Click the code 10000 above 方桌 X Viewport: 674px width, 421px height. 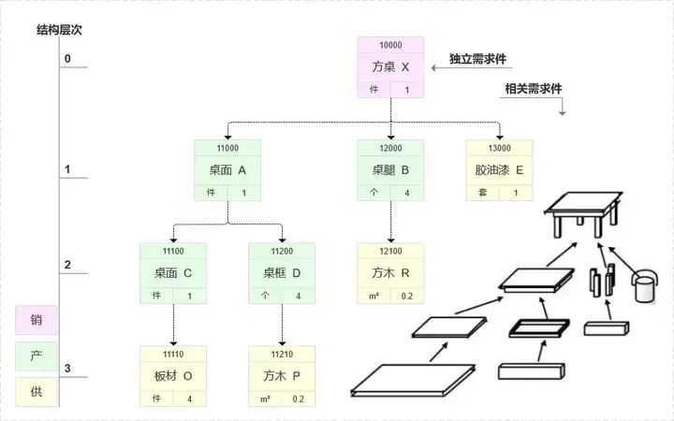tap(390, 45)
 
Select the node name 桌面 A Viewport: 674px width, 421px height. tap(227, 170)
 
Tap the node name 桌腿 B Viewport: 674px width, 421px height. tap(390, 170)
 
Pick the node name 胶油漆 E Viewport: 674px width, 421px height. tap(499, 170)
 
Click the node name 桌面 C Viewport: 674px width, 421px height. tap(173, 273)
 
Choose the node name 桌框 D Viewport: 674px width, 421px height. tap(282, 273)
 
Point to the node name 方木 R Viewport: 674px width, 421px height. tap(390, 273)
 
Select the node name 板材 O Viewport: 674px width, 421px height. tap(173, 376)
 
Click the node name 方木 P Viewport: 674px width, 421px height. tap(282, 376)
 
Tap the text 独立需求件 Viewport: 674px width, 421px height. tap(477, 58)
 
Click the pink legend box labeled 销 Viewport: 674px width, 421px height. tap(37, 320)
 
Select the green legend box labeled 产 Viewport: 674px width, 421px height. tap(37, 356)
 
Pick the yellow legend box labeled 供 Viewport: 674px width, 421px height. tap(37, 391)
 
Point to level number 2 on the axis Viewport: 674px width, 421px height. tap(67, 265)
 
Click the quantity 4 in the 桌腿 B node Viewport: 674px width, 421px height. tap(406, 193)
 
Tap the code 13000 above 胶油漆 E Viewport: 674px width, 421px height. tap(499, 148)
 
